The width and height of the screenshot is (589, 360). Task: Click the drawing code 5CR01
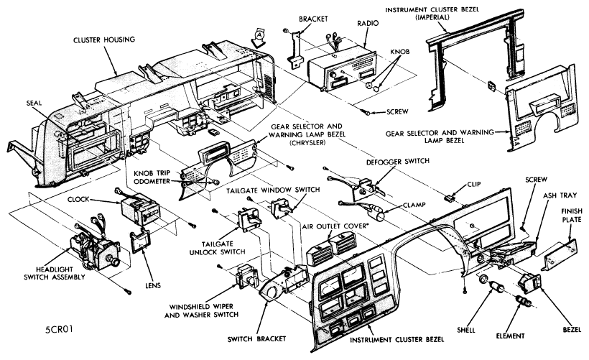click(x=59, y=330)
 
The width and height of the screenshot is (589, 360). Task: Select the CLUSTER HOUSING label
click(x=104, y=40)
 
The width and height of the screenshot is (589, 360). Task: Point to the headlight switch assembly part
click(x=94, y=247)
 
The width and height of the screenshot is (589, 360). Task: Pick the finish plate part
click(x=559, y=254)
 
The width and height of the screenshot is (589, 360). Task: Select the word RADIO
click(x=368, y=23)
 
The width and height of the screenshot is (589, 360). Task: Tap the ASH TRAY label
click(x=560, y=195)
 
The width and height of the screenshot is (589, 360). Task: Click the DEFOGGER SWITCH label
click(x=398, y=161)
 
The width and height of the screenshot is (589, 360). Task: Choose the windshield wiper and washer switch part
click(x=246, y=277)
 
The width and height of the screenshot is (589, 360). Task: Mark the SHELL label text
click(x=466, y=331)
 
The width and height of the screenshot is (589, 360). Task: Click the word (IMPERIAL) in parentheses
click(x=432, y=17)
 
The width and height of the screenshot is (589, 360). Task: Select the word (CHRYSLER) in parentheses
click(x=307, y=143)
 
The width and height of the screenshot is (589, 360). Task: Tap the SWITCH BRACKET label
click(x=256, y=339)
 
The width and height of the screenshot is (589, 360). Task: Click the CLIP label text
click(x=474, y=184)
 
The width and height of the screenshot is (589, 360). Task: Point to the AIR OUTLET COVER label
click(x=334, y=226)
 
